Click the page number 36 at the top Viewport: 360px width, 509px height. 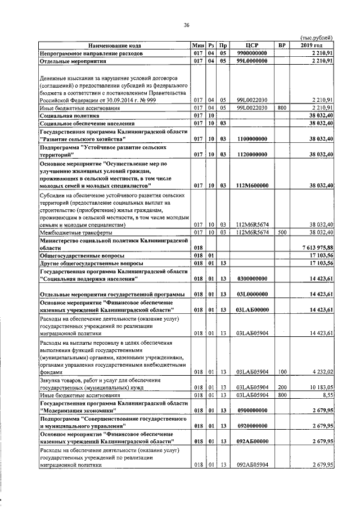point(186,24)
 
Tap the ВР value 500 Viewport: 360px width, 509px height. point(282,232)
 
